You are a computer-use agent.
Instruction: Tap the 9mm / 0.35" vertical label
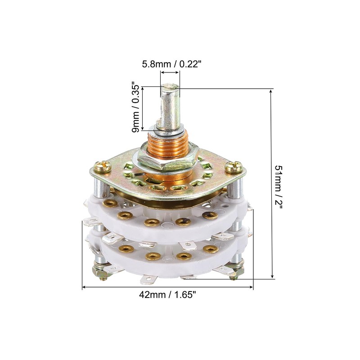[x=135, y=107]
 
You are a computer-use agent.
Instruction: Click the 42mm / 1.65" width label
[x=167, y=295]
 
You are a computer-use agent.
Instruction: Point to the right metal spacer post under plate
[x=234, y=187]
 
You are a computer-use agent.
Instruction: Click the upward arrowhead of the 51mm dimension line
[x=271, y=91]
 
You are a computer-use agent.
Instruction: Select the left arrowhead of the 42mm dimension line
[x=85, y=287]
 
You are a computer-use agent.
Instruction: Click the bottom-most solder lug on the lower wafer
[x=148, y=280]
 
